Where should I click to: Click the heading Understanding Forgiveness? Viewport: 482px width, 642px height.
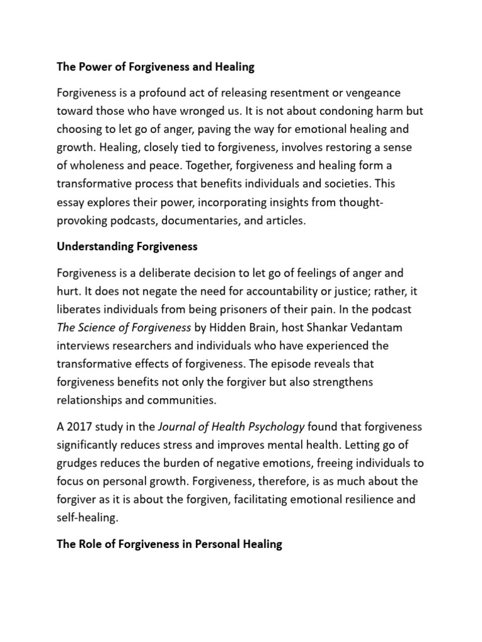pyautogui.click(x=127, y=246)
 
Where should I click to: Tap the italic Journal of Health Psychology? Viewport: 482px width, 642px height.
pyautogui.click(x=231, y=428)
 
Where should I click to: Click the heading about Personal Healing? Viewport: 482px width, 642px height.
pyautogui.click(x=169, y=544)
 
